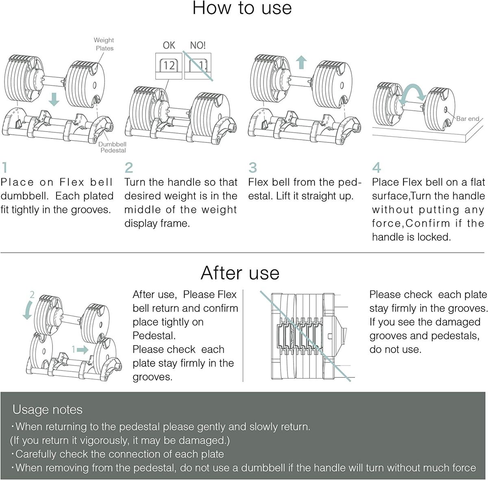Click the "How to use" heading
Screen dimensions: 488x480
(x=242, y=8)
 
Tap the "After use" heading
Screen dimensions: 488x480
(x=240, y=273)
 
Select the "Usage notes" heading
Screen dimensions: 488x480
(x=47, y=410)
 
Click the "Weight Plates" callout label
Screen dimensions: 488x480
(x=104, y=44)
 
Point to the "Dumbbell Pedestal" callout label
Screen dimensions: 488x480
(x=112, y=147)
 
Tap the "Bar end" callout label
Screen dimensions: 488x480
(x=468, y=118)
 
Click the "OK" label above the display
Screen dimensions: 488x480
(x=169, y=45)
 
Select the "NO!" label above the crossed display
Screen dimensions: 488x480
(x=198, y=45)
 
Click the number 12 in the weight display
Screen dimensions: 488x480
(x=169, y=66)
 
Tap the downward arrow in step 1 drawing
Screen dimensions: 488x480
(x=54, y=99)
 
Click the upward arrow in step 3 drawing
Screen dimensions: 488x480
(x=301, y=62)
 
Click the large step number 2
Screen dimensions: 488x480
(x=129, y=168)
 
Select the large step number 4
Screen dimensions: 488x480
(x=376, y=168)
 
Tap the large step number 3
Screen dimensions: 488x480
(x=253, y=168)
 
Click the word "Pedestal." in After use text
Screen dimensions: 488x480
(x=154, y=336)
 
